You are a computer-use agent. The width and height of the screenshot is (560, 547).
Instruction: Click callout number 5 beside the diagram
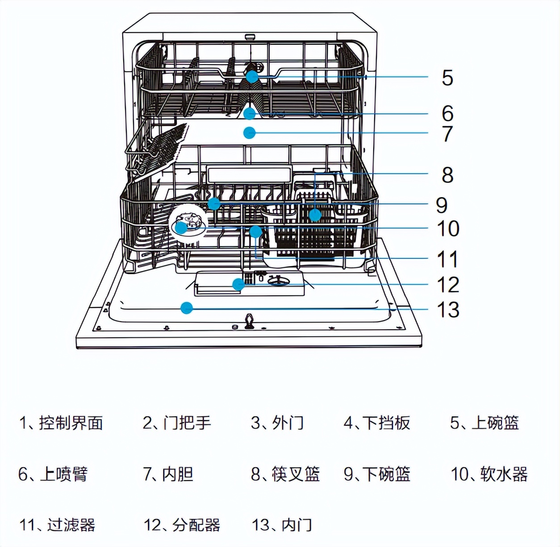coord(447,78)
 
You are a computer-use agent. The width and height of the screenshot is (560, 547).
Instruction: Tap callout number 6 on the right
coord(447,113)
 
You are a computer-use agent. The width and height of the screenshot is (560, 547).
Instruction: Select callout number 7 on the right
coord(447,134)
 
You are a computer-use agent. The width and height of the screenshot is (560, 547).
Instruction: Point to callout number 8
coord(447,175)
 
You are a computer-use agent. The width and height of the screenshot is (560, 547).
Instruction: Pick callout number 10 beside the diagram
coord(448,229)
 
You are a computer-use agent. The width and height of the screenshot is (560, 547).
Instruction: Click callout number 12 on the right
coord(448,285)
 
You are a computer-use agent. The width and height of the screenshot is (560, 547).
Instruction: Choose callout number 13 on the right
coord(448,310)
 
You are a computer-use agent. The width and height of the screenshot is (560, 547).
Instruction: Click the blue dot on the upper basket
coord(252,76)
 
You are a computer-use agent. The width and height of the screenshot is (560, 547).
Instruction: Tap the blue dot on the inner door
coord(187,307)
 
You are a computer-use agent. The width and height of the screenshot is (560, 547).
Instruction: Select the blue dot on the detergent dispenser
coord(238,284)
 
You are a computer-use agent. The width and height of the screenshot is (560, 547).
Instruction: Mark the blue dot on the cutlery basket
coord(315,215)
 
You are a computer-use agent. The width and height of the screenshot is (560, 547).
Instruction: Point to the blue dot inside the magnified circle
coord(181,228)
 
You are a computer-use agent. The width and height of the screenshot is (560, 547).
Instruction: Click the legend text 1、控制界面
coord(61,423)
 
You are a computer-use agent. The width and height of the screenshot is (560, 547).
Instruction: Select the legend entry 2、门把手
coord(177,423)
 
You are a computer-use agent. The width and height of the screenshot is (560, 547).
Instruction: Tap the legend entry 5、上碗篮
coord(485,423)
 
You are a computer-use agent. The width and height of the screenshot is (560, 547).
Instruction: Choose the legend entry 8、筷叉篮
coord(285,474)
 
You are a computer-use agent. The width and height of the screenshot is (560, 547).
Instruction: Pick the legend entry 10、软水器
coord(489,474)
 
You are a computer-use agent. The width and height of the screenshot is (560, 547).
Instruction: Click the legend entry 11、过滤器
coord(57,525)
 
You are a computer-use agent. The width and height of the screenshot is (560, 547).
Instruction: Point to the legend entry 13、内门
coord(282,525)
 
